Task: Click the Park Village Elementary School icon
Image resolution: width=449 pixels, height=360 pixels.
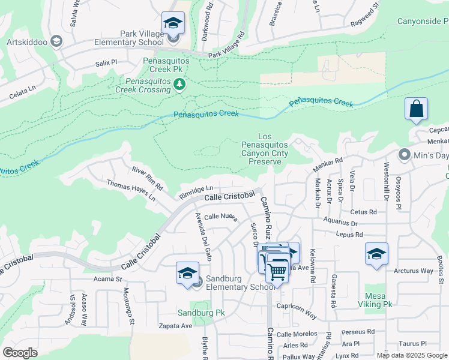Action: coord(173,24)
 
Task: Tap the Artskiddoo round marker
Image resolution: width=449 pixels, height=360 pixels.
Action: coord(56,41)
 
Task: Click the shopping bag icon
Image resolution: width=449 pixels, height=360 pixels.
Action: coord(416,109)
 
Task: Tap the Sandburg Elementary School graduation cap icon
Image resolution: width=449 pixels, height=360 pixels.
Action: coord(187,273)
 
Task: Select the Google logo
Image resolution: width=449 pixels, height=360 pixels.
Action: coord(20,353)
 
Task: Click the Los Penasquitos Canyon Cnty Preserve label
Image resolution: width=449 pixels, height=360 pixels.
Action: coord(265,149)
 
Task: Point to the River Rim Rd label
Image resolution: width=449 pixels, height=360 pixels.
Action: coord(147,179)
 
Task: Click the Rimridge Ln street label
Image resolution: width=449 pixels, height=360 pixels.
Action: coord(196,192)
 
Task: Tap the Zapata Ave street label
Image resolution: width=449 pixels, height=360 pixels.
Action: coord(175,326)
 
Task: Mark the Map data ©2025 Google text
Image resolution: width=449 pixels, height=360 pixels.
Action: coord(411,355)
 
